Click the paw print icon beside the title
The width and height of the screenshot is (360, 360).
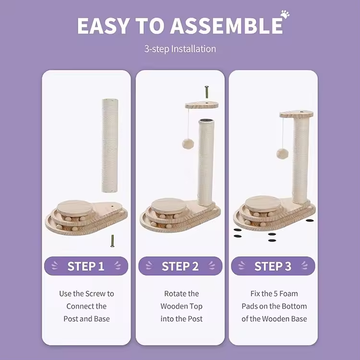285,14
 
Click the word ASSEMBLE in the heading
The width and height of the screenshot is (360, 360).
227,25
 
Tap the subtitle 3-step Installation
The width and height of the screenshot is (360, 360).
180,49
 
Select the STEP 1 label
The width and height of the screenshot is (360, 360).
86,266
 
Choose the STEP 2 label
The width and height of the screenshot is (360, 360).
180,266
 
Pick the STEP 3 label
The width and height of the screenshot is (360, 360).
273,266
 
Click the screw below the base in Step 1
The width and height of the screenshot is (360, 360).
112,241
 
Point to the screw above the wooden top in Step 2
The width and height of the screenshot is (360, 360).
206,92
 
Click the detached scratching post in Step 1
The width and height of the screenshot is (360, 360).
110,145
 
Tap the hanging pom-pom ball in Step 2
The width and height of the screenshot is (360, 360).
188,144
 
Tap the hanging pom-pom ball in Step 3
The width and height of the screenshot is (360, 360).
282,154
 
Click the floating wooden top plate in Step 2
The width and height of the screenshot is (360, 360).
202,105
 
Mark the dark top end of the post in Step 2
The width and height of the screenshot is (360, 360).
206,120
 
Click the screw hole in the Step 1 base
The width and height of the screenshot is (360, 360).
112,206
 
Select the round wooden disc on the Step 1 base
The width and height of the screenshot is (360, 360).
75,207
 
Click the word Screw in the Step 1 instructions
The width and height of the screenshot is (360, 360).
96,294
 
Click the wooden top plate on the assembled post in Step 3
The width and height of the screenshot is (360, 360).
297,114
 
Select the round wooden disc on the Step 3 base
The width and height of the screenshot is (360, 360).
263,203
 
